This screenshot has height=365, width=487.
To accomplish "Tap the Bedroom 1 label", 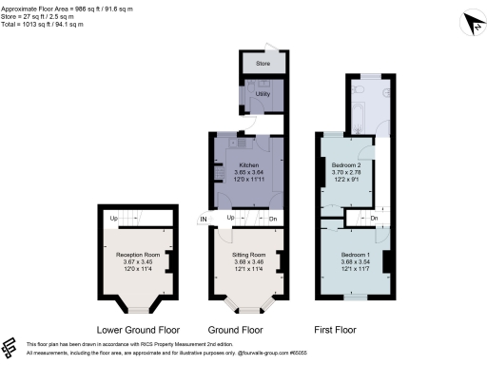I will coord(354,255).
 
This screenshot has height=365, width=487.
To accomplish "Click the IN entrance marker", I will coord(203,221).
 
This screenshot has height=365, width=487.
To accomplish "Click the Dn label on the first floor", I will coord(374,221).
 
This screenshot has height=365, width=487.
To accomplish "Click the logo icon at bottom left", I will coord(12,348).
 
